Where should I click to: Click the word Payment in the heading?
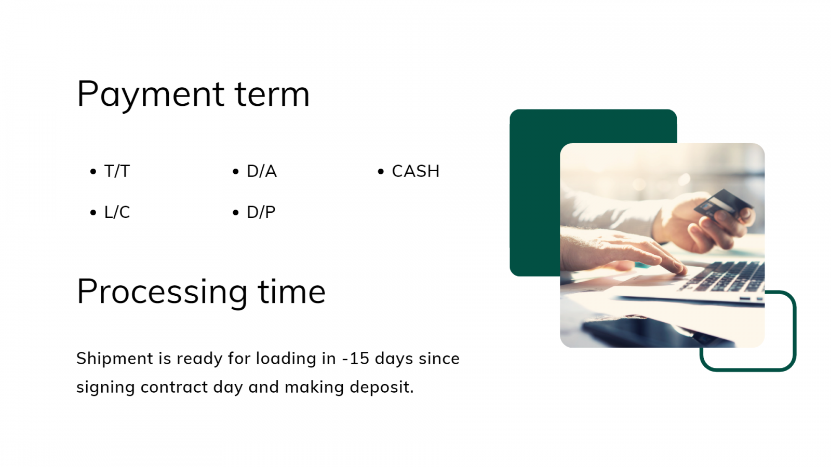pos(151,95)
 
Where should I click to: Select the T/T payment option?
pos(117,171)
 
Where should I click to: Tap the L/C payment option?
pos(117,212)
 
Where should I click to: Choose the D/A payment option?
pos(262,171)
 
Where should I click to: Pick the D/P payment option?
pos(261,212)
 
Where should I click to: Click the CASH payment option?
pos(415,171)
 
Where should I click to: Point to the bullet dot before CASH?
pos(381,172)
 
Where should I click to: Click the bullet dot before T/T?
pos(93,172)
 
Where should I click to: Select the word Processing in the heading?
pos(162,293)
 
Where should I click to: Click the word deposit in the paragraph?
pos(381,388)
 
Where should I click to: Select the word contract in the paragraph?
pos(174,387)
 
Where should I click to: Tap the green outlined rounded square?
pos(795,330)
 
